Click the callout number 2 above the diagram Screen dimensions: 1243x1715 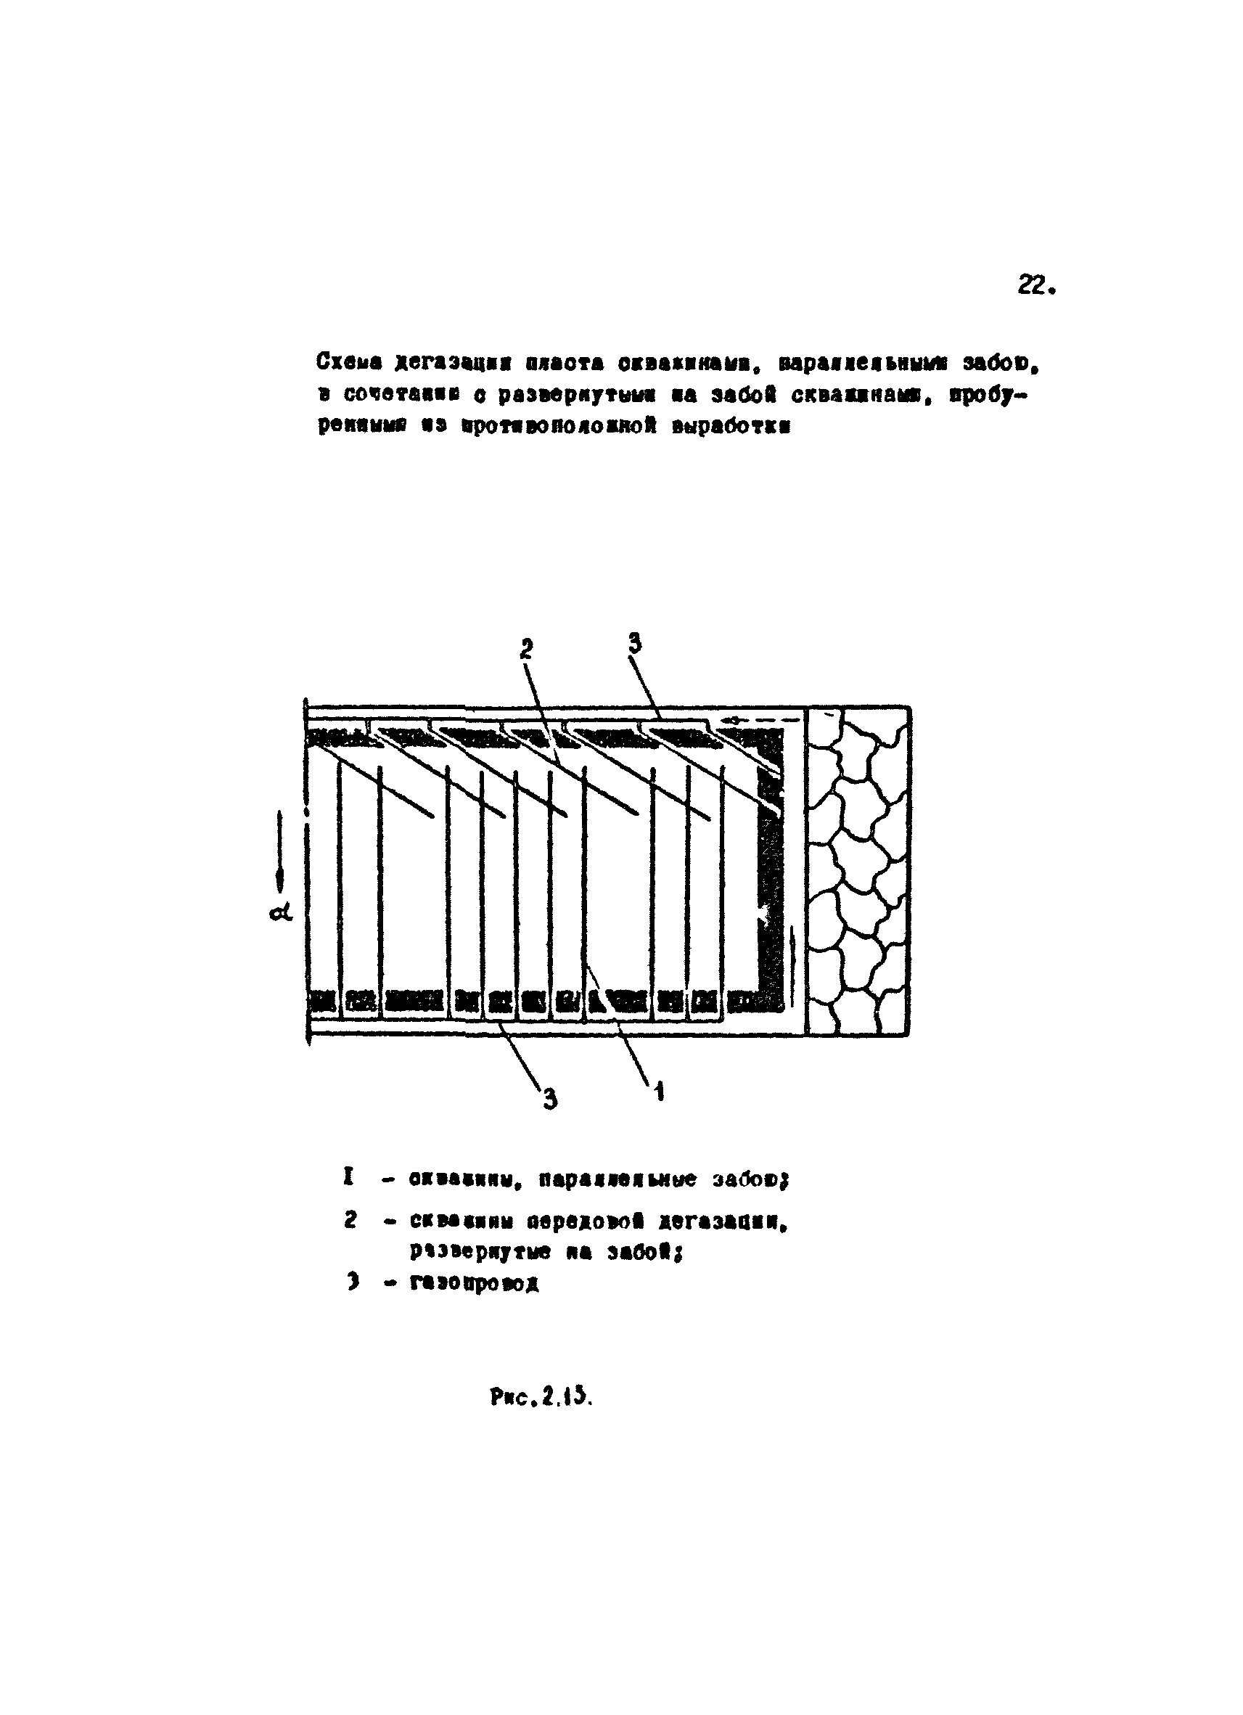[526, 648]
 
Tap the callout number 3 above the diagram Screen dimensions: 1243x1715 [634, 643]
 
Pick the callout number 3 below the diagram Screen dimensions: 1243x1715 [550, 1099]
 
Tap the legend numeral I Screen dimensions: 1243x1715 [348, 1176]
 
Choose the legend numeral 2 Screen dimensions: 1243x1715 [349, 1221]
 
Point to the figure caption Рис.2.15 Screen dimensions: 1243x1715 [541, 1397]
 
